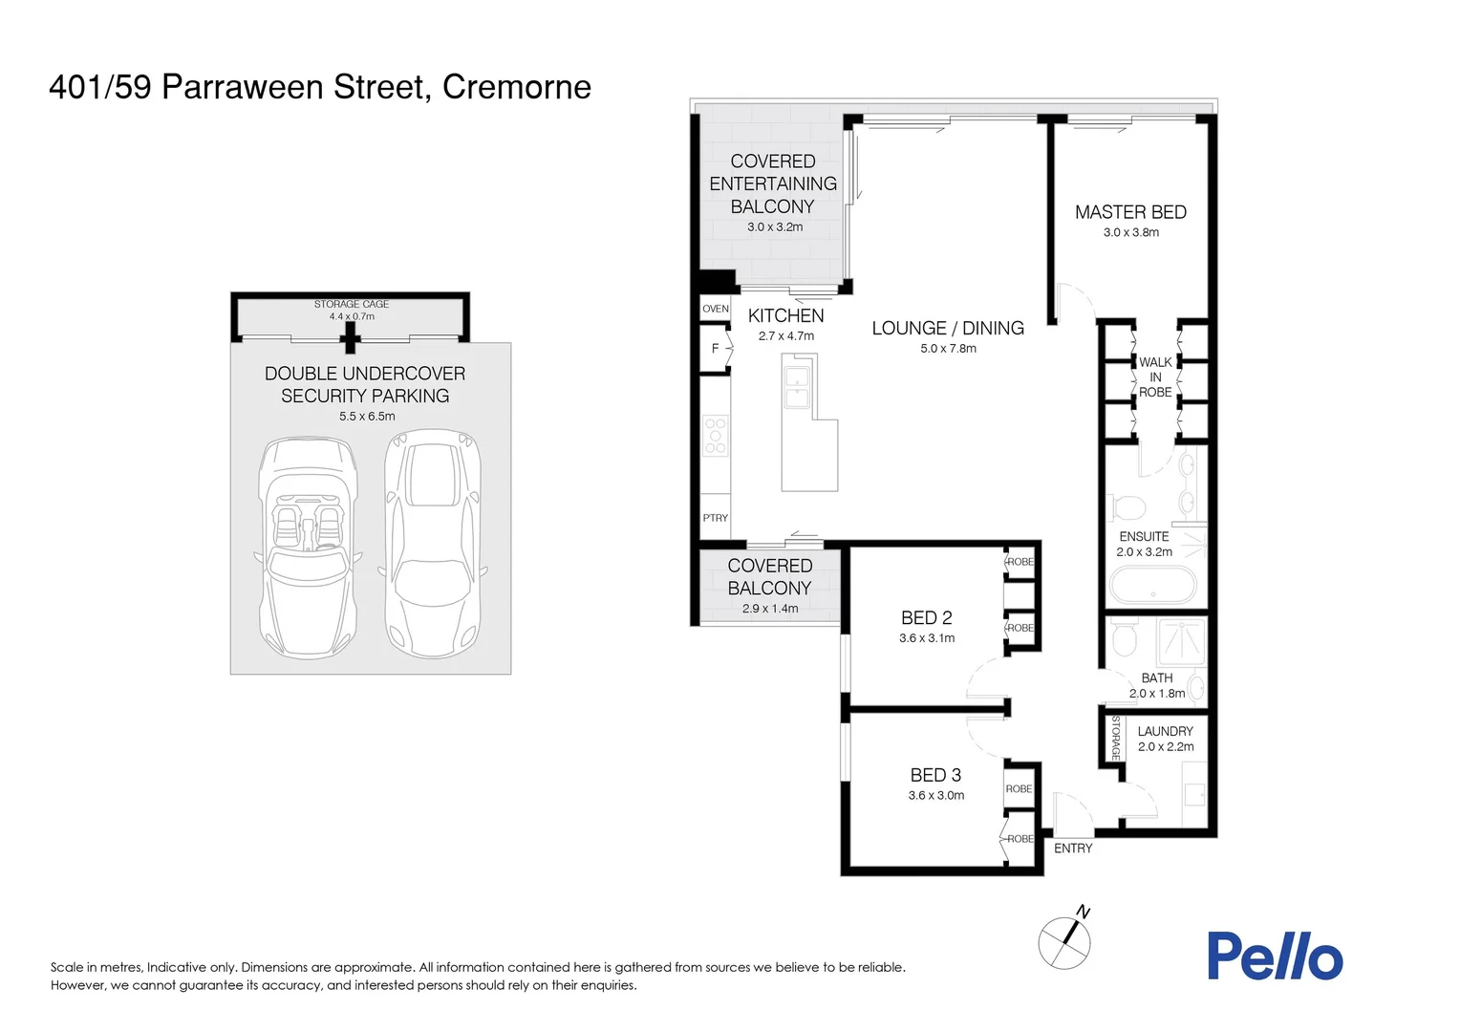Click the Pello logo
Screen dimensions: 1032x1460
point(1275,957)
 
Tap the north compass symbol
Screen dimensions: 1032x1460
point(1064,940)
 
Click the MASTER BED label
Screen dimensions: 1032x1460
point(1130,212)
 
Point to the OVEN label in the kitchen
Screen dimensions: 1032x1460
point(715,309)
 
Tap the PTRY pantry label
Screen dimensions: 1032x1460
point(715,518)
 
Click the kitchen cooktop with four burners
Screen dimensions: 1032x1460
point(715,436)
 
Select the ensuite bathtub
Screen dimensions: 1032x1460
point(1152,585)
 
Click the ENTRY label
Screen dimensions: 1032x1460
point(1072,849)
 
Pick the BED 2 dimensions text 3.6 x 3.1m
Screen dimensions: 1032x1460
point(926,638)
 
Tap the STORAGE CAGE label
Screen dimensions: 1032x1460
point(351,304)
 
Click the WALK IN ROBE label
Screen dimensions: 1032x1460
point(1155,377)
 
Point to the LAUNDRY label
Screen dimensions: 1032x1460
point(1165,731)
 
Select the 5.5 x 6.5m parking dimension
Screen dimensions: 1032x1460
point(366,417)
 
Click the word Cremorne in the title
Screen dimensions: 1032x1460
point(516,87)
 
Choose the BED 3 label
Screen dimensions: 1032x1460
point(935,775)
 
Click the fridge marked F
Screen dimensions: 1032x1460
point(715,349)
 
